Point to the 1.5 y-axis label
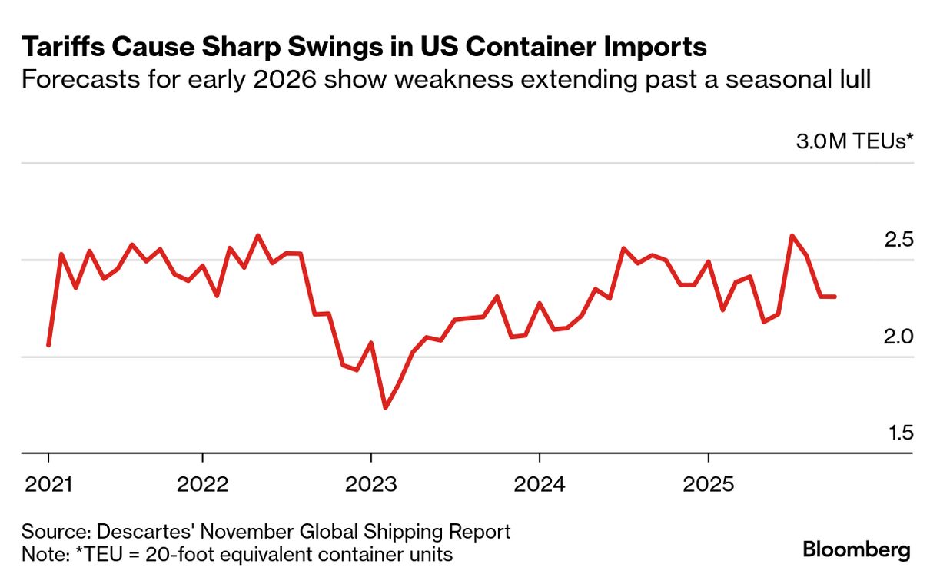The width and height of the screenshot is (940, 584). click(x=898, y=433)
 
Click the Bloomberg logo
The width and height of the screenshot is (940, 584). click(x=857, y=550)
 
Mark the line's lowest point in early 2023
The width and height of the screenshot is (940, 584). click(x=385, y=407)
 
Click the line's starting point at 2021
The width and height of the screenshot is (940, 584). click(x=48, y=345)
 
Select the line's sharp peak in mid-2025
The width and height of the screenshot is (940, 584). click(x=792, y=236)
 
